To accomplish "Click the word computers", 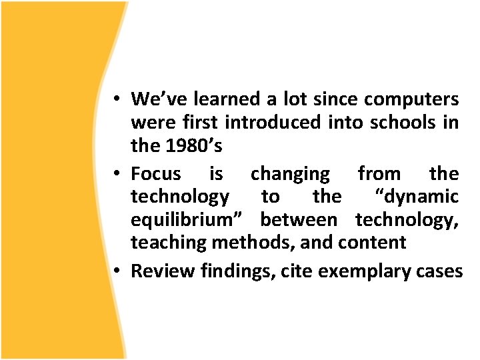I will tap(411, 100).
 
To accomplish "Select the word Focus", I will tap(156, 174).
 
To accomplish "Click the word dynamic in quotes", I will tap(417, 197).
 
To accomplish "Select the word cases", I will tap(437, 271).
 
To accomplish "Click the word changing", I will tap(290, 175).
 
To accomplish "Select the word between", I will tap(299, 219).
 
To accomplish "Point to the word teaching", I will tap(169, 243).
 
